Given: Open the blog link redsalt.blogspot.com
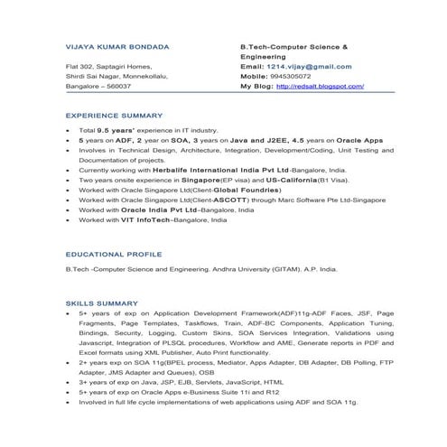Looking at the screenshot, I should (320, 87).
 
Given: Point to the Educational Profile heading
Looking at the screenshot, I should (111, 255).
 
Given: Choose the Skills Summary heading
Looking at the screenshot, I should (101, 303).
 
